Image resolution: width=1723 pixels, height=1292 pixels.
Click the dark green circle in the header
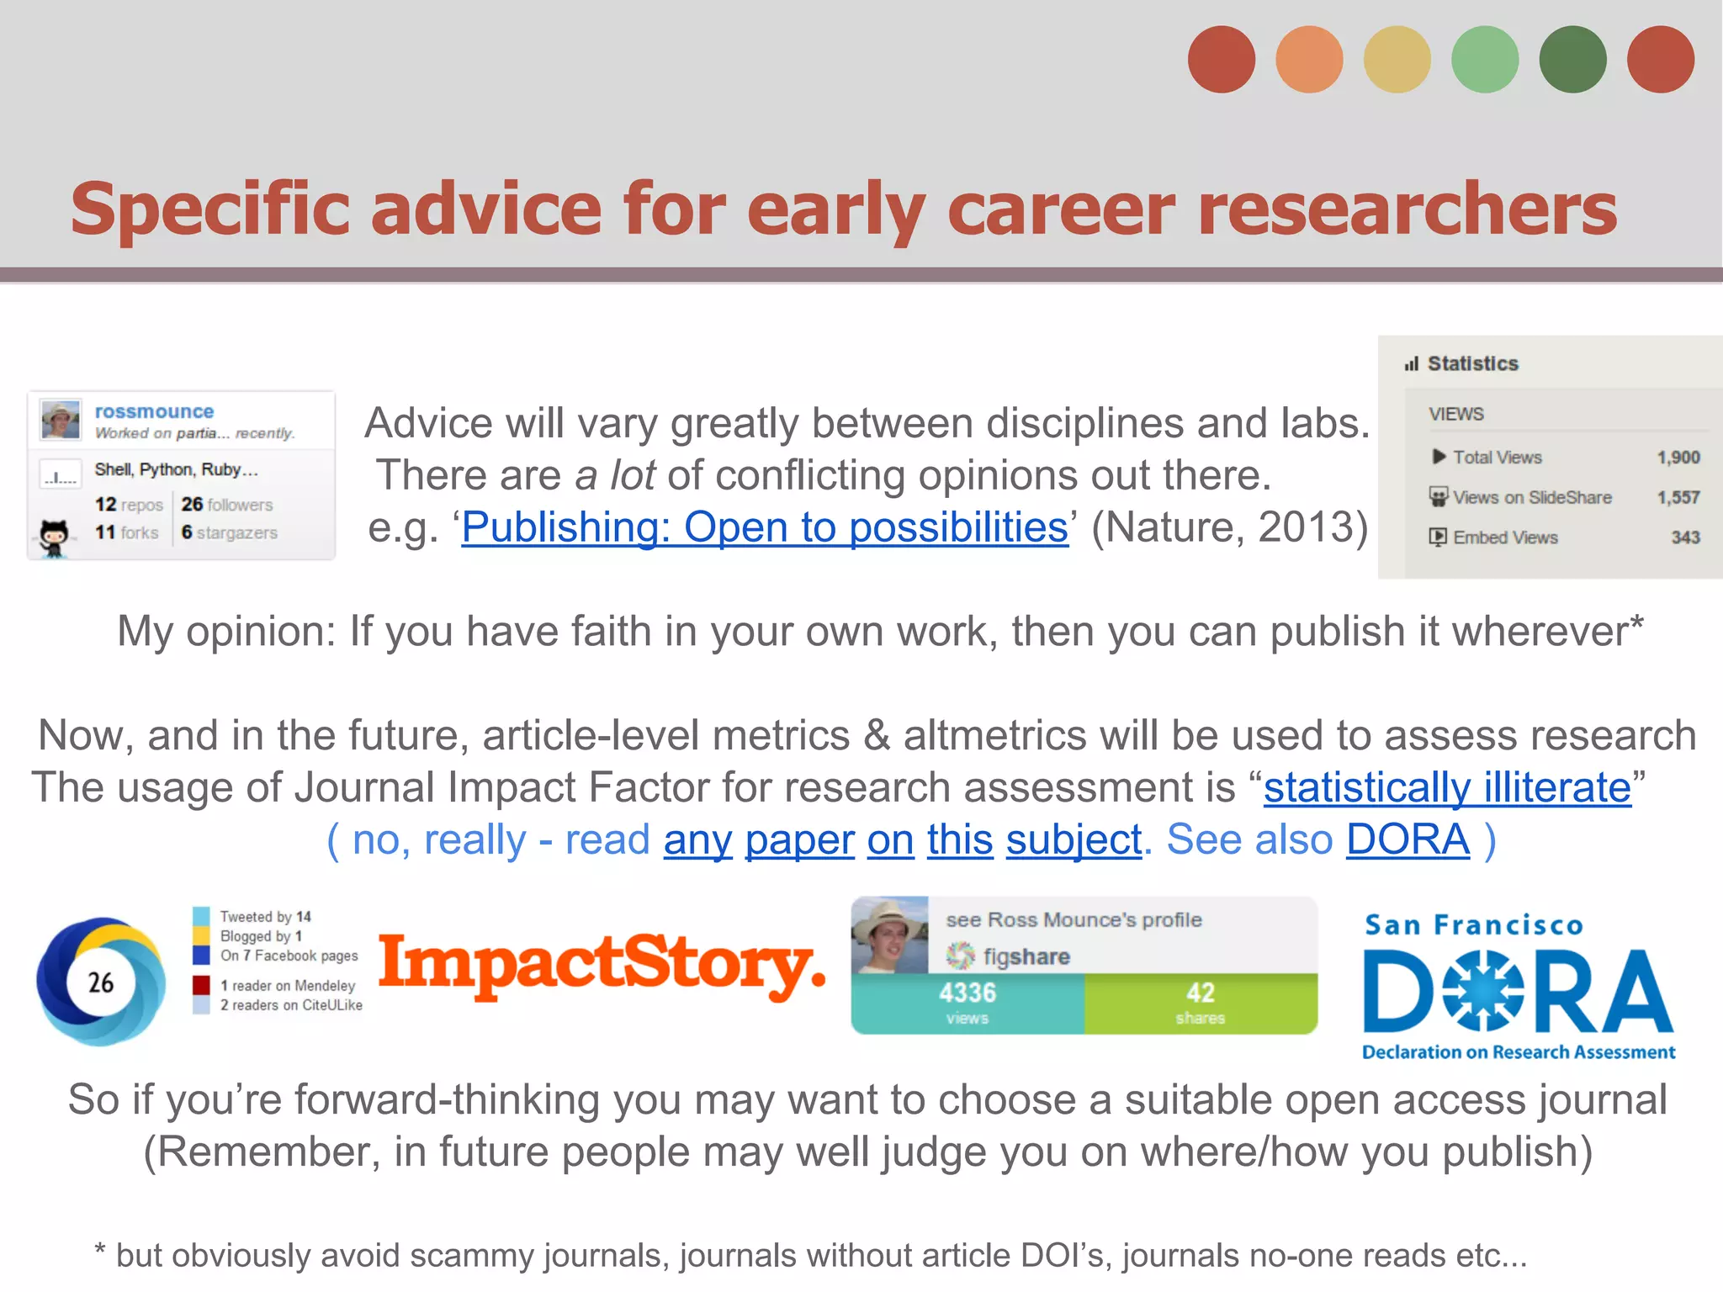(1572, 60)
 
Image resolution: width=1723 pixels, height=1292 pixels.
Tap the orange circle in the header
(1309, 60)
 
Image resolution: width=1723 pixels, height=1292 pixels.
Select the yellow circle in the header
(1397, 60)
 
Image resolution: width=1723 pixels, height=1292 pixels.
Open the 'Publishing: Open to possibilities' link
(765, 528)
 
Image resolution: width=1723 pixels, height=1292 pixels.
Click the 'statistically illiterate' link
(1447, 788)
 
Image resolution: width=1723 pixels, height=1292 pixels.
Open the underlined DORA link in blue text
(1408, 839)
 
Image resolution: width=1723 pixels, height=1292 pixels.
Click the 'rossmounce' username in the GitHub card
(154, 411)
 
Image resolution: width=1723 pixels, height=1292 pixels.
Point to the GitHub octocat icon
(54, 536)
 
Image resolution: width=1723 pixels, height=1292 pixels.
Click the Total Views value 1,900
(1678, 457)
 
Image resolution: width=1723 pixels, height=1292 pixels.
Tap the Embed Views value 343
(1685, 537)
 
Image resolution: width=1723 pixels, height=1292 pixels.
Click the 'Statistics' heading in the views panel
(1472, 363)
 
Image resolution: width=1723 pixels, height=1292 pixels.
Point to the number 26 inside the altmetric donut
(101, 982)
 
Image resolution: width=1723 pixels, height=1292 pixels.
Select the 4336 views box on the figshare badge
(968, 1003)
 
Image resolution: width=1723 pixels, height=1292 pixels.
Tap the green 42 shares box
(1201, 1003)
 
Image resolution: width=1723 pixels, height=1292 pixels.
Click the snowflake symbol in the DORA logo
(1482, 991)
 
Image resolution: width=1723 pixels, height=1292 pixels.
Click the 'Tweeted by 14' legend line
(265, 916)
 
